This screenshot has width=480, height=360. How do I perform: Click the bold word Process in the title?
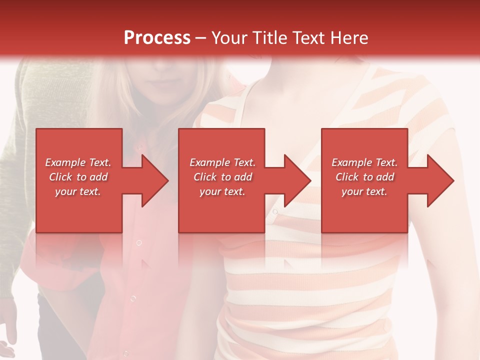[157, 38]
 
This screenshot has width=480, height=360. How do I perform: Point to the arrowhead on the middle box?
[296, 180]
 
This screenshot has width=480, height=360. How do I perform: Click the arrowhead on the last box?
[439, 180]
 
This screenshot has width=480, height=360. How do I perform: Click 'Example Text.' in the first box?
[78, 162]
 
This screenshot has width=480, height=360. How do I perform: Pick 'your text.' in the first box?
[78, 191]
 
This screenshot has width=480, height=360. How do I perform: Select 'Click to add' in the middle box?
[222, 177]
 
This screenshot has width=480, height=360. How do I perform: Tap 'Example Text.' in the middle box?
[222, 162]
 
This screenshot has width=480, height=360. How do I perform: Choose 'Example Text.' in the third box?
[364, 162]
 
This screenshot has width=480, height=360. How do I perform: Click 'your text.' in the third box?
[364, 191]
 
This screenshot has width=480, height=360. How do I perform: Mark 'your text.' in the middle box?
[222, 191]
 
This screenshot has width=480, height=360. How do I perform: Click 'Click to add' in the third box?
[364, 177]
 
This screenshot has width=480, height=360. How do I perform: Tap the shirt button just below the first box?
[139, 242]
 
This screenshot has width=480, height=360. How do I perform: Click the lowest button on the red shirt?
[133, 298]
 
